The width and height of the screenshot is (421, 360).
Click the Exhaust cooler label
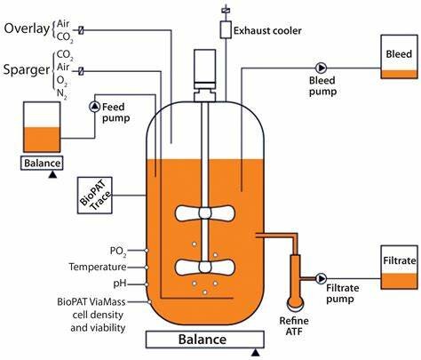tap(269, 30)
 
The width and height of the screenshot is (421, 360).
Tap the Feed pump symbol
tap(95, 107)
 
